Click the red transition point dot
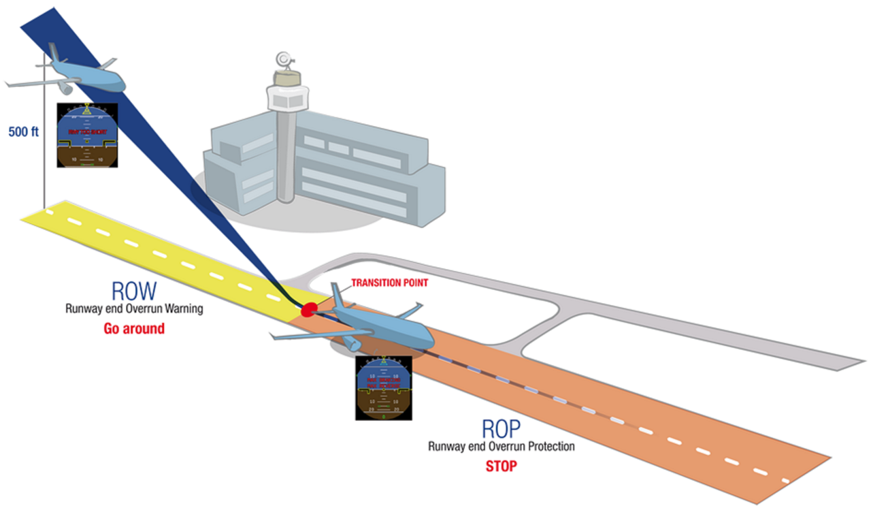pyautogui.click(x=308, y=309)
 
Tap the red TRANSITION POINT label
pyautogui.click(x=389, y=283)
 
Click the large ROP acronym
pyautogui.click(x=502, y=428)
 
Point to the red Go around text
pyautogui.click(x=134, y=329)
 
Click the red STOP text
pyautogui.click(x=501, y=467)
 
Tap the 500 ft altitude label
pyautogui.click(x=23, y=132)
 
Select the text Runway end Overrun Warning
pyautogui.click(x=134, y=309)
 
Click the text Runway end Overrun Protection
pyautogui.click(x=502, y=447)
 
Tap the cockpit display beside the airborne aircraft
pyautogui.click(x=86, y=135)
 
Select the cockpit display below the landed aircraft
pyautogui.click(x=384, y=387)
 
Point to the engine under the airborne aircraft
pyautogui.click(x=65, y=86)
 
